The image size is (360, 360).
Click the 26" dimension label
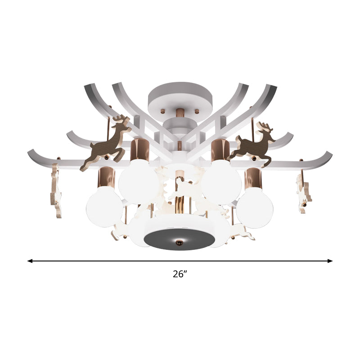[x=180, y=274]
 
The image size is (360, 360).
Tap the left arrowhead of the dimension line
[x=30, y=261]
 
